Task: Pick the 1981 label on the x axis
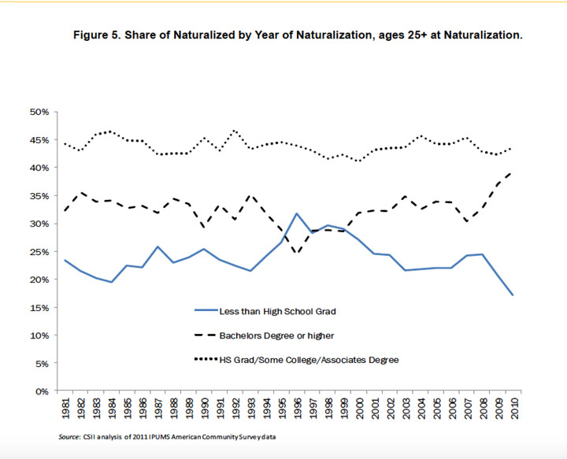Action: click(x=65, y=410)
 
